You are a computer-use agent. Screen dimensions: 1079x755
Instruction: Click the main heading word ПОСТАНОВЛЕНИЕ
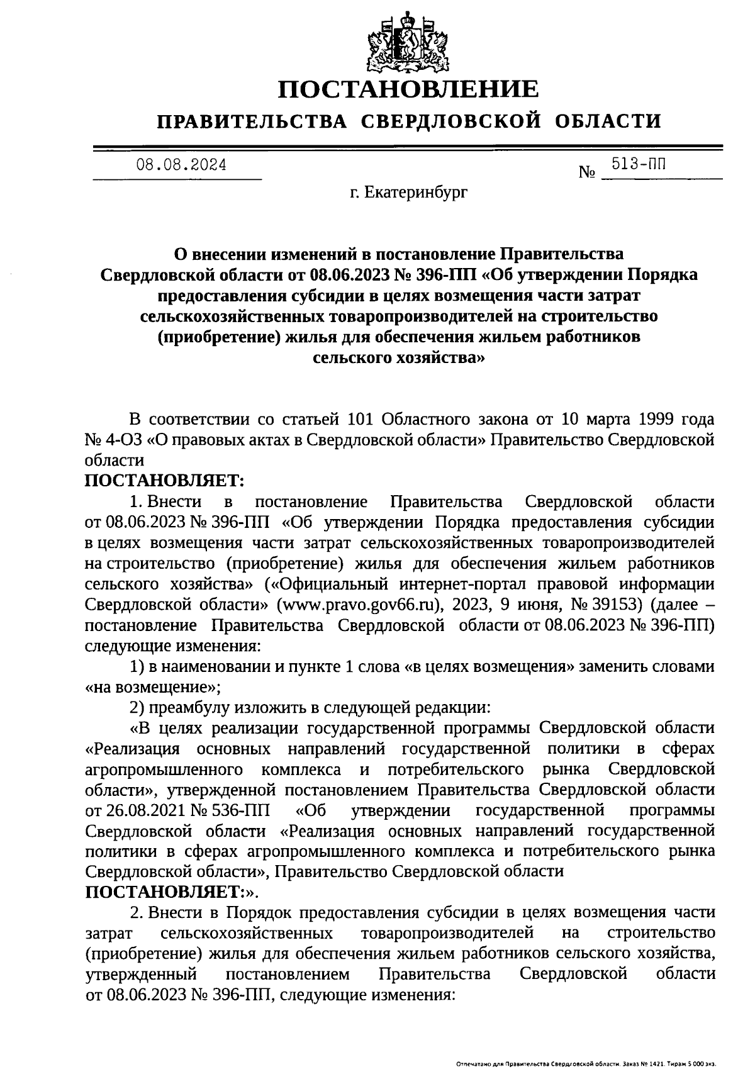tap(409, 89)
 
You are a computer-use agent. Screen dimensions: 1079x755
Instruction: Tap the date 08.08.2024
tap(182, 165)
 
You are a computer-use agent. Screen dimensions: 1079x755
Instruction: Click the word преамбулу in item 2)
tap(191, 708)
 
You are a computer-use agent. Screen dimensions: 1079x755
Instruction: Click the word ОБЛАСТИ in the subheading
tap(610, 121)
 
